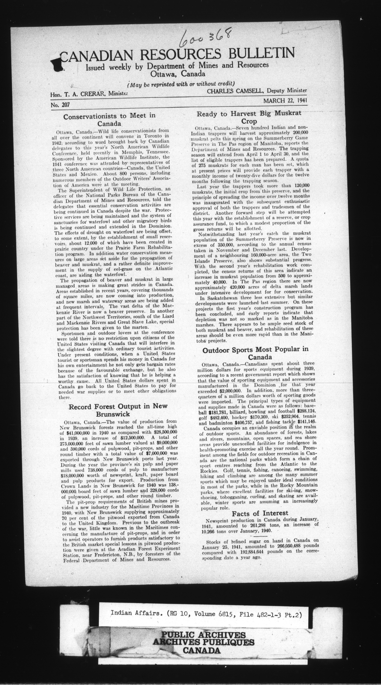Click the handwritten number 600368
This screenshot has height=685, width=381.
(x=204, y=37)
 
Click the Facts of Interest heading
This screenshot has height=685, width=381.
(x=260, y=513)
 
